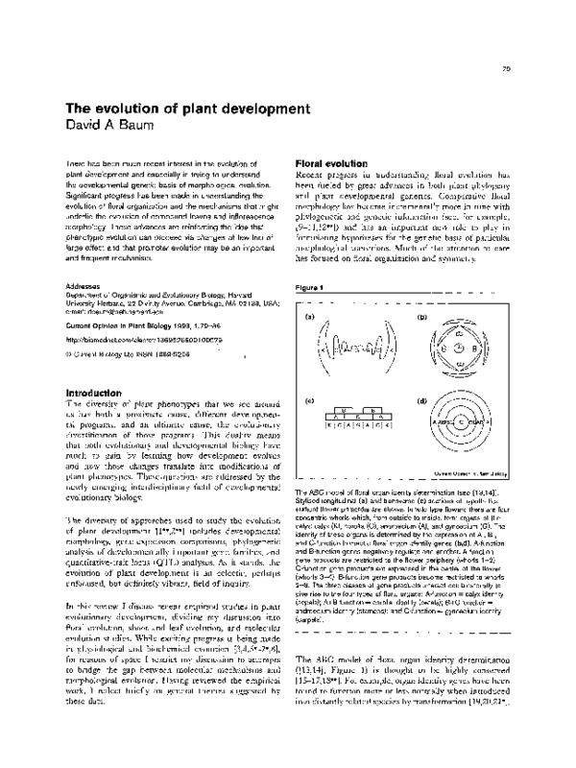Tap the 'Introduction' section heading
pyautogui.click(x=92, y=366)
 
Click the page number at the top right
pyautogui.click(x=506, y=68)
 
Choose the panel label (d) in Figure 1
pyautogui.click(x=421, y=399)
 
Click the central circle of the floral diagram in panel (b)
pyautogui.click(x=462, y=348)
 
